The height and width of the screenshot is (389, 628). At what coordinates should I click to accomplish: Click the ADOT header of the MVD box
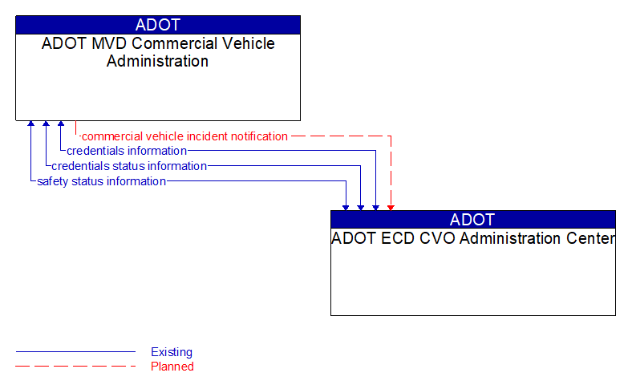click(x=158, y=25)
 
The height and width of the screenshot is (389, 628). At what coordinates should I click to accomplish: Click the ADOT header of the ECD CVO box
click(x=472, y=220)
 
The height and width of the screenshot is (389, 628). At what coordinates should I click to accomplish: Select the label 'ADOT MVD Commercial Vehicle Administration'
click(x=158, y=52)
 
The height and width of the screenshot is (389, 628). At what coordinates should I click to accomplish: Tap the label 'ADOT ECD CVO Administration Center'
click(x=473, y=238)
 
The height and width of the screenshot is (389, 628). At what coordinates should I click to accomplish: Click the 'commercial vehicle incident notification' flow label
click(x=184, y=136)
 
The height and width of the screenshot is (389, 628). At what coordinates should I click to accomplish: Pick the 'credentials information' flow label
click(x=127, y=151)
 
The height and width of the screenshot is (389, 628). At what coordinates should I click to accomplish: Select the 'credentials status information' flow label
click(x=129, y=166)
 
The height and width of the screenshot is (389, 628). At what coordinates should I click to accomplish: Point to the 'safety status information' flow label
click(x=102, y=181)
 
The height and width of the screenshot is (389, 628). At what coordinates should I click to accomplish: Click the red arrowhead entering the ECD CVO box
click(x=391, y=207)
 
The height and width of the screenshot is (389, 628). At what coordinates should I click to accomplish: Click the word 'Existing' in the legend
click(x=172, y=352)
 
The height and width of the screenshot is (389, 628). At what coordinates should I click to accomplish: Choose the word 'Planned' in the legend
click(x=172, y=367)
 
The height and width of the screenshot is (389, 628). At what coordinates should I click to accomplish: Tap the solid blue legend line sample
click(x=75, y=352)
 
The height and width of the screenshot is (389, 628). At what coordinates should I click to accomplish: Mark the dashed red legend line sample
click(x=75, y=367)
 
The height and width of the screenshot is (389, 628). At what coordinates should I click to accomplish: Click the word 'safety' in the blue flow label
click(x=52, y=181)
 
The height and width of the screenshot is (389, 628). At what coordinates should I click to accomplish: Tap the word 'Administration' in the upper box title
click(x=158, y=61)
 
